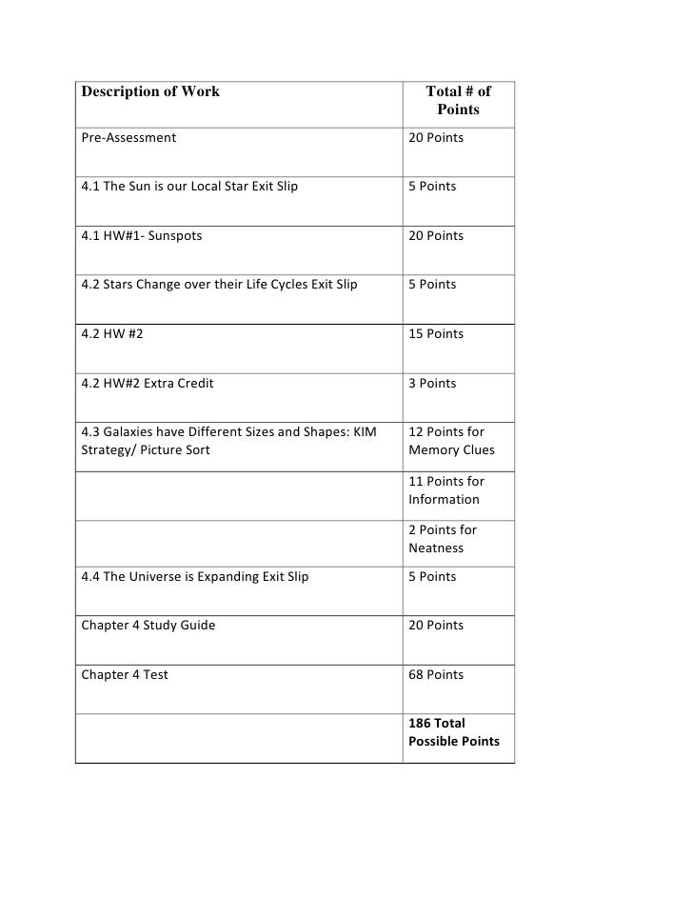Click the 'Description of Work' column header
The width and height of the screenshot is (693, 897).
(x=150, y=91)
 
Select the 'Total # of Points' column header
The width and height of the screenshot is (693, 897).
(x=458, y=101)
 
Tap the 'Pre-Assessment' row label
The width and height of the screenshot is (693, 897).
(x=129, y=138)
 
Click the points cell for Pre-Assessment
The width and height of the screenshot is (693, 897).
(x=436, y=138)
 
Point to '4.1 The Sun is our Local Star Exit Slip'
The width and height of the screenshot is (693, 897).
(x=188, y=187)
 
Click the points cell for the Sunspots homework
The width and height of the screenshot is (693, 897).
(x=436, y=235)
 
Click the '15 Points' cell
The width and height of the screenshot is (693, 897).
(x=436, y=333)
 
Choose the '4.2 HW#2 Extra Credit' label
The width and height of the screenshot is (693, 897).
(x=148, y=383)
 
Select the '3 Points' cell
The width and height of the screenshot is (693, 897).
(x=432, y=383)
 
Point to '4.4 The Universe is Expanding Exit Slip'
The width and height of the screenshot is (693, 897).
(x=195, y=576)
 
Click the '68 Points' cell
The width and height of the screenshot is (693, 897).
(x=436, y=674)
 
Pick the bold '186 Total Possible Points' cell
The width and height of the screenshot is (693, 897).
(x=453, y=732)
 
